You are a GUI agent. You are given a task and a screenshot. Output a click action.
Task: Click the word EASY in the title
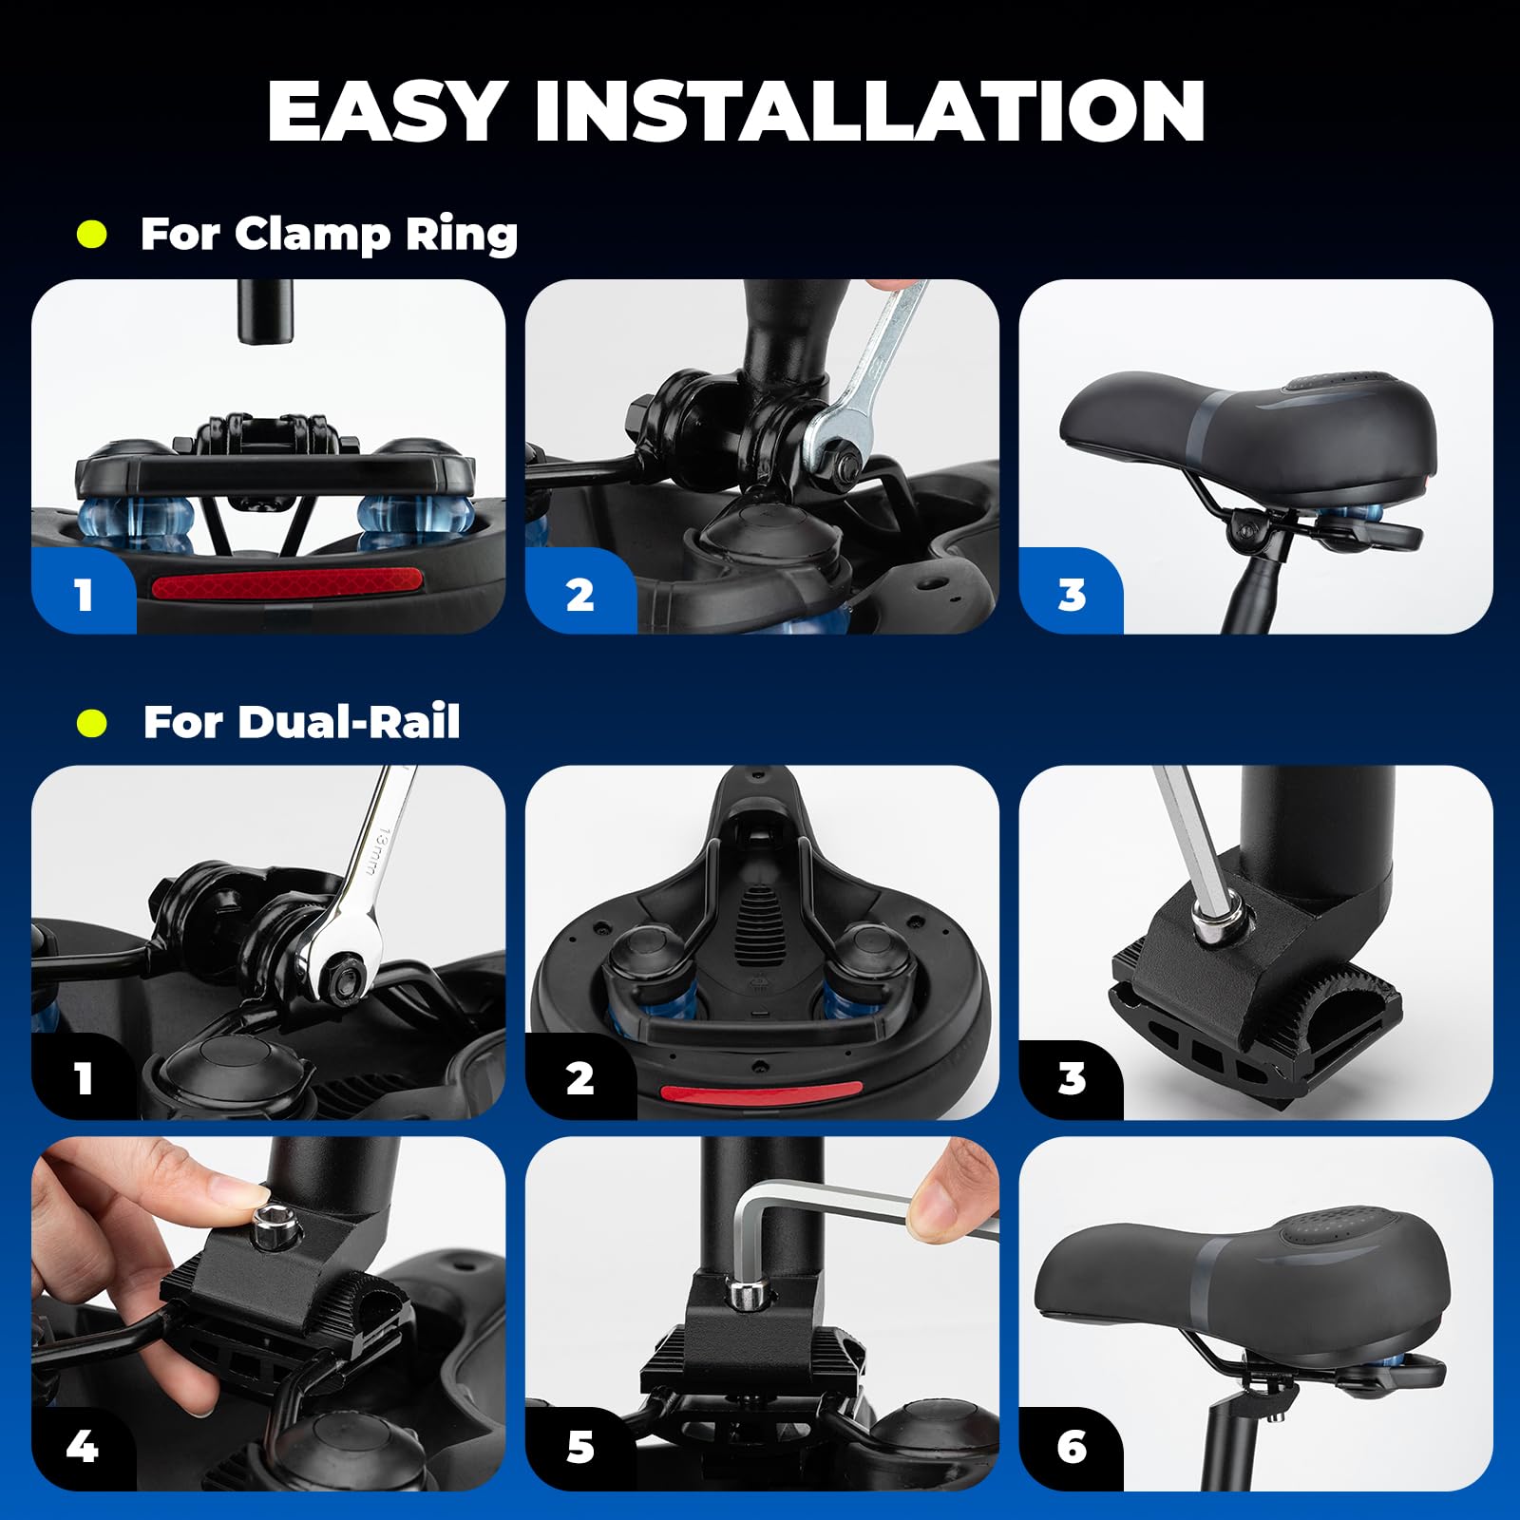tap(385, 111)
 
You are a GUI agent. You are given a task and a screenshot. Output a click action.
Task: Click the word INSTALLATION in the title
tap(869, 111)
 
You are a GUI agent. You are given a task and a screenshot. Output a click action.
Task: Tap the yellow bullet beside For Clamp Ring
tap(92, 234)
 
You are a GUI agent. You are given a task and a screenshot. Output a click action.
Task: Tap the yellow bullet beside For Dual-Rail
tap(92, 723)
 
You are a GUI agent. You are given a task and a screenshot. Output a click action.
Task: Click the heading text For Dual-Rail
tap(301, 722)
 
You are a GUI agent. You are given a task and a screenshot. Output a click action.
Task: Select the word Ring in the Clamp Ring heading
tap(461, 235)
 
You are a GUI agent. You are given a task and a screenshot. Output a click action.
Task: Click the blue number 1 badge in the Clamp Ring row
tap(84, 595)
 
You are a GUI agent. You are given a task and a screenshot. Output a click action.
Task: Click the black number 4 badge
tap(82, 1447)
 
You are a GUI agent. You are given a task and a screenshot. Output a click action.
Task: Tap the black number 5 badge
tap(579, 1447)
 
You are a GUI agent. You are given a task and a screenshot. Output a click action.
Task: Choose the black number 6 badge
tap(1072, 1447)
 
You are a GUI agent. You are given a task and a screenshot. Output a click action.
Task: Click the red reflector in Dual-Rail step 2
tap(761, 1093)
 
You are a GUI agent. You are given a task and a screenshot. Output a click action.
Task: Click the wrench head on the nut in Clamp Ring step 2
tap(841, 446)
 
